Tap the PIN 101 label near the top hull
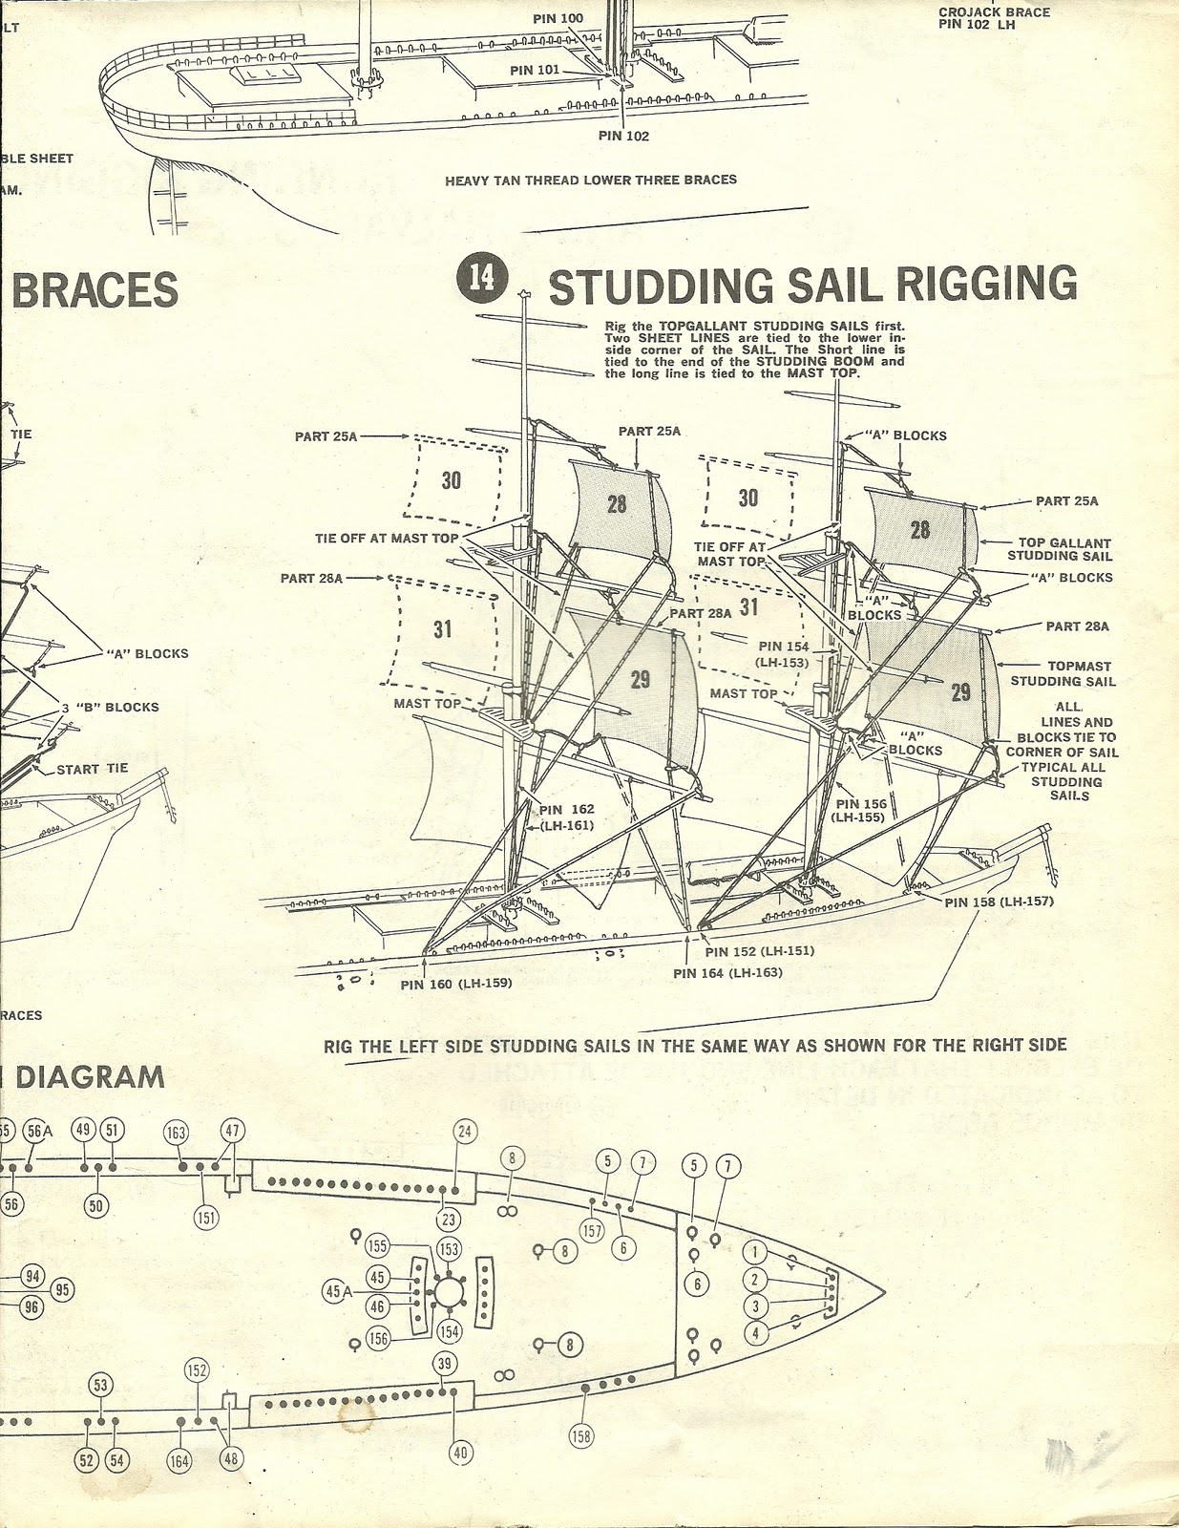[535, 70]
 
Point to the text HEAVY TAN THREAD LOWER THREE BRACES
[591, 180]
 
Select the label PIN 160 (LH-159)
[456, 983]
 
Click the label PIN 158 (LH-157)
[999, 902]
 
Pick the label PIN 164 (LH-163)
[727, 972]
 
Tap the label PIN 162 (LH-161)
[567, 817]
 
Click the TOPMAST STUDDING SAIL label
[1063, 674]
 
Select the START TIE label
[91, 769]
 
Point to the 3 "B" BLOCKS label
[110, 708]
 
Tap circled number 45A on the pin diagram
[338, 1292]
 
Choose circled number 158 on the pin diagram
[580, 1435]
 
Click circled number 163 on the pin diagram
[176, 1133]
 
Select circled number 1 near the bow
[755, 1252]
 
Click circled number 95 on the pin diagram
[62, 1290]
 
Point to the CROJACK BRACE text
[994, 12]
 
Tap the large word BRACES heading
[95, 290]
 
